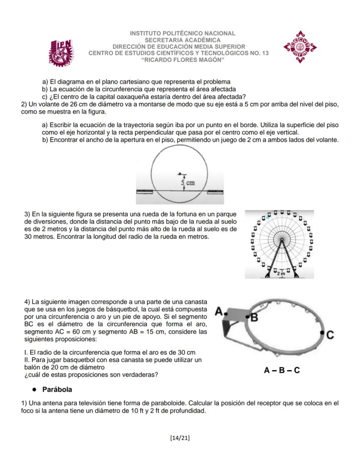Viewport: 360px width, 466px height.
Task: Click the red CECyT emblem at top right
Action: click(x=300, y=47)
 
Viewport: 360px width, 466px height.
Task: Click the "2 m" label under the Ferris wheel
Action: click(x=282, y=273)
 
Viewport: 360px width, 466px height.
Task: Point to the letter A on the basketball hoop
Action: click(x=220, y=312)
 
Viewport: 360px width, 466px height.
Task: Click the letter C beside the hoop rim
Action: click(x=330, y=335)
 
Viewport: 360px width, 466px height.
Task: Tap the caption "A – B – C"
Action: click(x=281, y=371)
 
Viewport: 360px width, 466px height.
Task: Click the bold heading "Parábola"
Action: click(x=57, y=389)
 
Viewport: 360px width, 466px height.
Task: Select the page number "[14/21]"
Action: click(x=180, y=437)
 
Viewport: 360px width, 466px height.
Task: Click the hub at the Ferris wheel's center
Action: click(x=282, y=240)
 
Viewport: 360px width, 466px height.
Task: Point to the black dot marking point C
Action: click(x=322, y=332)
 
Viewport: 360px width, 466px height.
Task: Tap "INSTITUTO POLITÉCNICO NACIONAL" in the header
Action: click(x=183, y=34)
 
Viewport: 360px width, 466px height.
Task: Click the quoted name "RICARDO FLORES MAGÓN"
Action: click(x=183, y=60)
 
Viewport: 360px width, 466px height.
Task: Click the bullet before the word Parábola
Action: click(x=33, y=389)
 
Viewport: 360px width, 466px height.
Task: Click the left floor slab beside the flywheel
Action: click(x=146, y=191)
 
